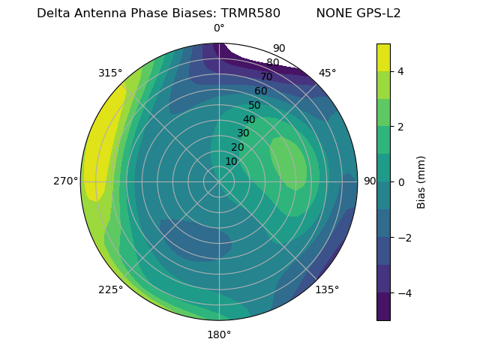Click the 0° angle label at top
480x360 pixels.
click(219, 28)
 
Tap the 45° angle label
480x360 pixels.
click(327, 73)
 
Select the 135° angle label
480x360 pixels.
click(327, 289)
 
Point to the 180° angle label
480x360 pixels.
click(219, 334)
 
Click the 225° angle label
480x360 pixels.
click(110, 289)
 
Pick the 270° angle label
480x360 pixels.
click(65, 181)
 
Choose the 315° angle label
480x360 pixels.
click(110, 73)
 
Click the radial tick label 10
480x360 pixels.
click(231, 161)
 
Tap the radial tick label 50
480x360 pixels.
click(254, 106)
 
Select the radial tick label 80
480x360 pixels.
click(272, 63)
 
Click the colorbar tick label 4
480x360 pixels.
click(400, 71)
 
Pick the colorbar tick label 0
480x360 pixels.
click(400, 182)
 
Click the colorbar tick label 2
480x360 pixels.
click(400, 127)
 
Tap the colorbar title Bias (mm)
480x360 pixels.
click(421, 182)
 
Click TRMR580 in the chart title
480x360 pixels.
click(250, 13)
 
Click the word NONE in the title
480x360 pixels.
click(332, 13)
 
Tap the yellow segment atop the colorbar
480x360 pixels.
click(383, 57)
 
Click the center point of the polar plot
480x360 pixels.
click(219, 181)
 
